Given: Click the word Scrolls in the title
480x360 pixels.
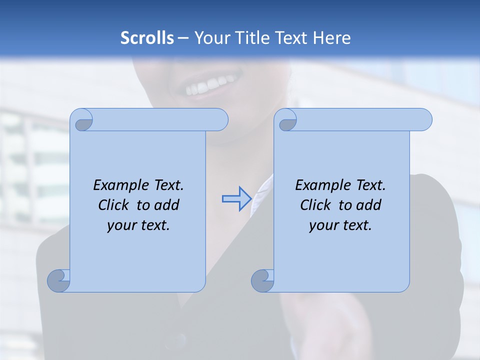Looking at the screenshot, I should (x=147, y=38).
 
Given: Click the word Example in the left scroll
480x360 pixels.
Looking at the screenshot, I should (x=118, y=185).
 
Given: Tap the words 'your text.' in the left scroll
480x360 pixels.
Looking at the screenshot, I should (x=138, y=225).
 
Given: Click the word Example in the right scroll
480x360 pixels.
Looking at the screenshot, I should (x=320, y=185).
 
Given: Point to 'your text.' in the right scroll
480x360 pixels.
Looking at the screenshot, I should (x=340, y=225).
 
